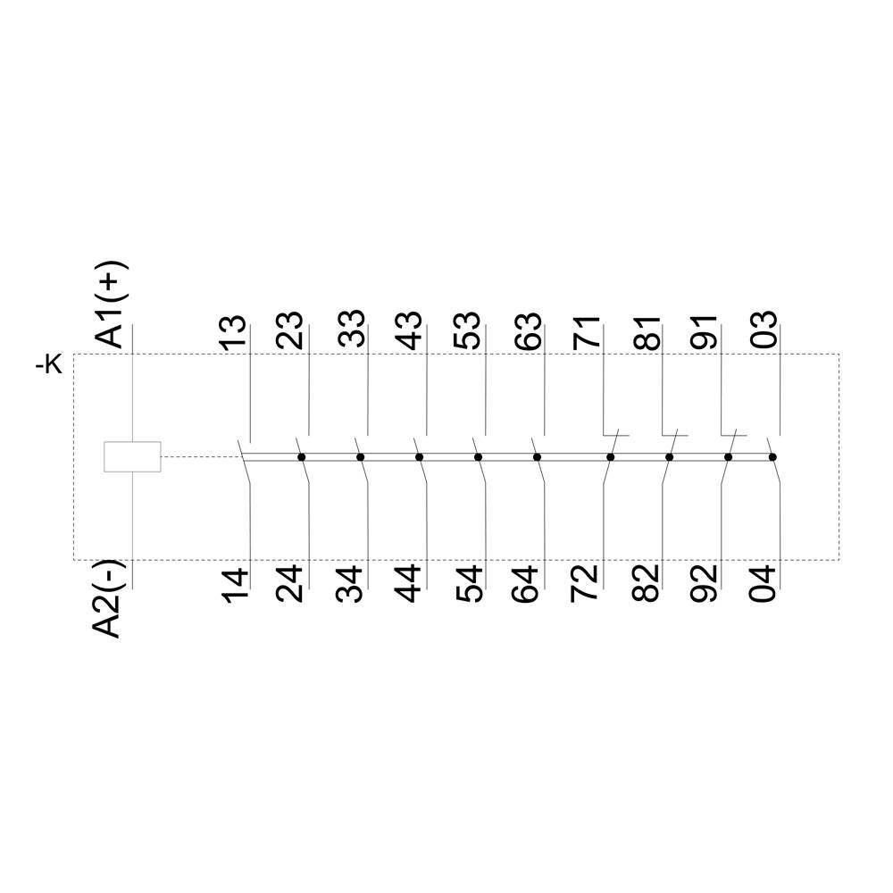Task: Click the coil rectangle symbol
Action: click(x=132, y=456)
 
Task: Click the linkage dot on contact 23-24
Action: click(x=302, y=457)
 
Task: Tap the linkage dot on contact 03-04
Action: click(x=772, y=457)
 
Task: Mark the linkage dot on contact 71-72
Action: click(x=611, y=457)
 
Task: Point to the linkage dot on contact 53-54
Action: click(x=479, y=457)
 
